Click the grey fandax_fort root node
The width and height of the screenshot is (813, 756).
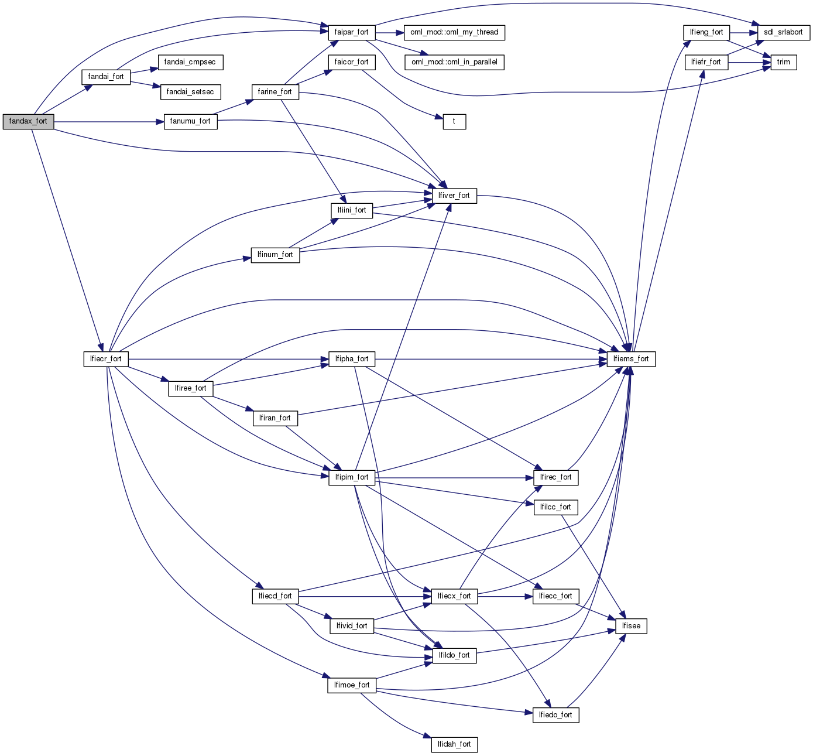(28, 122)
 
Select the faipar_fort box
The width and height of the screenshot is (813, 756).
(351, 32)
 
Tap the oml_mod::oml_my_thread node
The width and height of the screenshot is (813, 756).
(454, 32)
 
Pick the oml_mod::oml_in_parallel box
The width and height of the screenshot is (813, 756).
(454, 62)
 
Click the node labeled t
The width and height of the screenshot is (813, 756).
(454, 122)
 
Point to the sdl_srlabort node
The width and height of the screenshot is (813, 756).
(783, 32)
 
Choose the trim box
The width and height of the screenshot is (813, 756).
(783, 62)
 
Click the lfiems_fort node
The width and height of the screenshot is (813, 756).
(631, 359)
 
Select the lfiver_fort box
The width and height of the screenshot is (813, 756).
(454, 196)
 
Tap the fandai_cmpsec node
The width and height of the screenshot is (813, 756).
(190, 62)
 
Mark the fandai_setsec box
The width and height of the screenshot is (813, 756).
(190, 92)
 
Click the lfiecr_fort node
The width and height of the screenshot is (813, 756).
(106, 359)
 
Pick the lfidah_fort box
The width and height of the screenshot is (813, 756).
(454, 744)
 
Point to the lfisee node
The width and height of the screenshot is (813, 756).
(631, 626)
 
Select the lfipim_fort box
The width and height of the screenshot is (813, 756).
(351, 477)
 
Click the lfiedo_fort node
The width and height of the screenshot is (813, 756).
(555, 715)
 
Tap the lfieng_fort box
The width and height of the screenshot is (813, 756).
(706, 32)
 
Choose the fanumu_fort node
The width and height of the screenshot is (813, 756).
(190, 122)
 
